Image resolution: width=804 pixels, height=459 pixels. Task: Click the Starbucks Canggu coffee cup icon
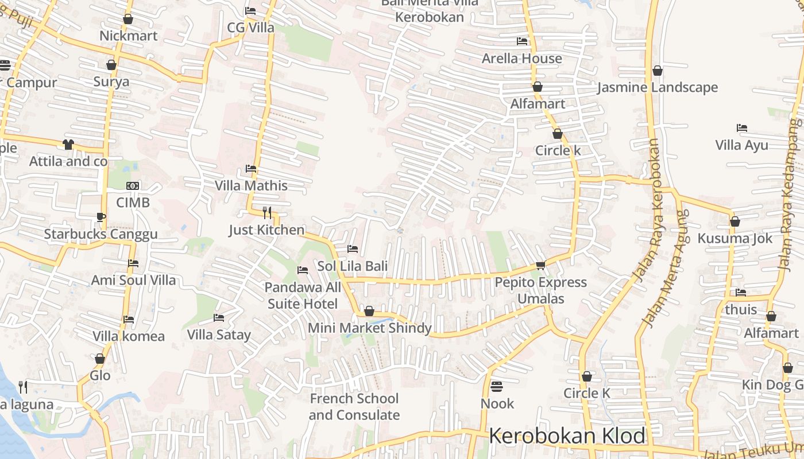[101, 217]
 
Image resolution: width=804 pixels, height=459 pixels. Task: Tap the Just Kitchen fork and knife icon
[267, 213]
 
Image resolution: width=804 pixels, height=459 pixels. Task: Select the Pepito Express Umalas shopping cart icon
[540, 265]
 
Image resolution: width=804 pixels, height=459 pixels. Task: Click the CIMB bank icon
[133, 186]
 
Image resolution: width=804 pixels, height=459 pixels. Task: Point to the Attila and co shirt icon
[68, 144]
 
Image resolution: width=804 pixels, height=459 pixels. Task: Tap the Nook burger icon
[497, 386]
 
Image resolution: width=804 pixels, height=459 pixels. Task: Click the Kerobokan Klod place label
[567, 436]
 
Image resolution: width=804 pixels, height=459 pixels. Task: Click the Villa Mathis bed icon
[251, 169]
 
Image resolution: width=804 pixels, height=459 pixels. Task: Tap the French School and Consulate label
[354, 406]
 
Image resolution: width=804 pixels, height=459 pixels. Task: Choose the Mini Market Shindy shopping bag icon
[369, 311]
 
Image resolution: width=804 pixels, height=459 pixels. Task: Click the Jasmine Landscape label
[658, 87]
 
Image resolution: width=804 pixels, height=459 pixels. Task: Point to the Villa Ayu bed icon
[742, 128]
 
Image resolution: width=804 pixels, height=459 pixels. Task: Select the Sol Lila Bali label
[353, 266]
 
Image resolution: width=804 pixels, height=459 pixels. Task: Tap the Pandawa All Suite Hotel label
[303, 295]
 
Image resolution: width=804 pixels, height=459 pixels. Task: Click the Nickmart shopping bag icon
[128, 19]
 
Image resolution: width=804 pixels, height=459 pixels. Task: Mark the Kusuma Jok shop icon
[735, 221]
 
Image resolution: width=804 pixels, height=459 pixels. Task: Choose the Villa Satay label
[219, 334]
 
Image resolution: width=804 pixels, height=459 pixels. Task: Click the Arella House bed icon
[522, 41]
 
